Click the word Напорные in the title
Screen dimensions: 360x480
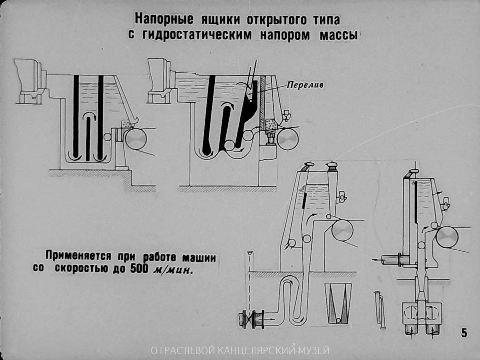(163, 19)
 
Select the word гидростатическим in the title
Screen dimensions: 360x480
(195, 35)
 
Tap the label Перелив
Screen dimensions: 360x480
(305, 85)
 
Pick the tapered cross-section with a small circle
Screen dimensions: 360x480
(338, 303)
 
